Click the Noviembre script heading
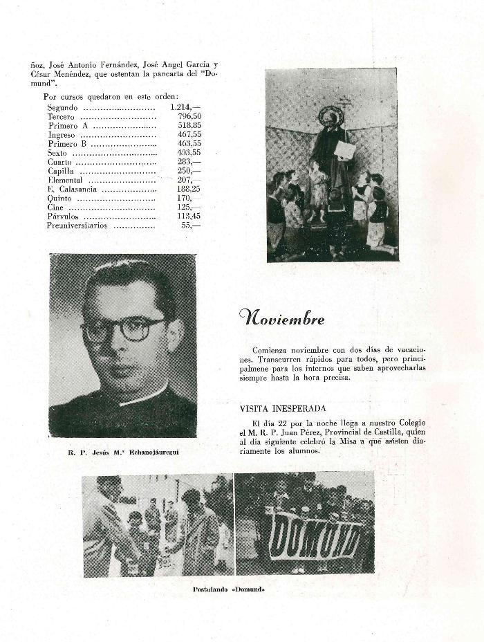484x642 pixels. pyautogui.click(x=281, y=318)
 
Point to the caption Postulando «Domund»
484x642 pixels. pyautogui.click(x=228, y=589)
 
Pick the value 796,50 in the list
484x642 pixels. pyautogui.click(x=187, y=117)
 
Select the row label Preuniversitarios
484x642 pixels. pyautogui.click(x=76, y=226)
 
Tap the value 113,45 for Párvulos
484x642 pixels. pyautogui.click(x=187, y=217)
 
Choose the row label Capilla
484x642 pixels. pyautogui.click(x=61, y=171)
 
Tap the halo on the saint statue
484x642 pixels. pyautogui.click(x=331, y=115)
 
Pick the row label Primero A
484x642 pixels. pyautogui.click(x=68, y=126)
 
